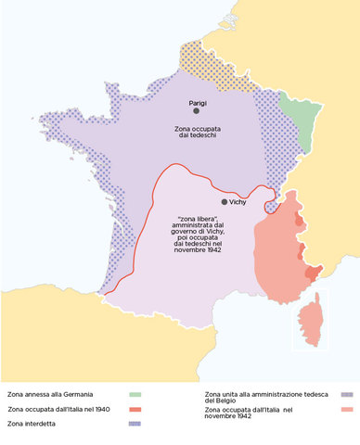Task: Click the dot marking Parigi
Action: coord(196,110)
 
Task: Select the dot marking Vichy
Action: coord(224,201)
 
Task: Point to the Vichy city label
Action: coord(240,201)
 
